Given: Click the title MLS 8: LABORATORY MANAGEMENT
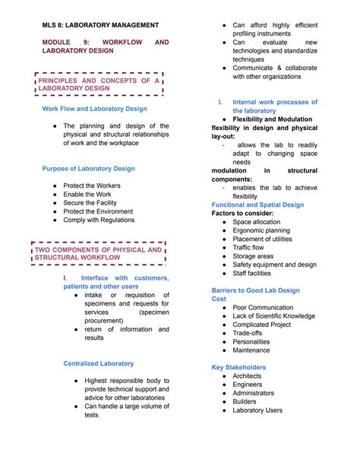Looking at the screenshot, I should click(x=100, y=25).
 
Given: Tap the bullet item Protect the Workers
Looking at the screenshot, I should click(x=90, y=185).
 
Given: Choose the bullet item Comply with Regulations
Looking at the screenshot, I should click(x=99, y=220).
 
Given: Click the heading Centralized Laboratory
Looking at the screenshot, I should click(x=99, y=363).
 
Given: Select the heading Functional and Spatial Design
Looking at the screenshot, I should click(x=257, y=204).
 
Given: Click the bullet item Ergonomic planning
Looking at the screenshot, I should click(x=261, y=230).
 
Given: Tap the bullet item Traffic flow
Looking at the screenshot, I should click(x=248, y=247).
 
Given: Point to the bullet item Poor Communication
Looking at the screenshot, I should click(x=264, y=307).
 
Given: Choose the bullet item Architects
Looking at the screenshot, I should click(x=247, y=376).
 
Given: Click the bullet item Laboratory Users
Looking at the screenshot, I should click(x=257, y=411).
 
